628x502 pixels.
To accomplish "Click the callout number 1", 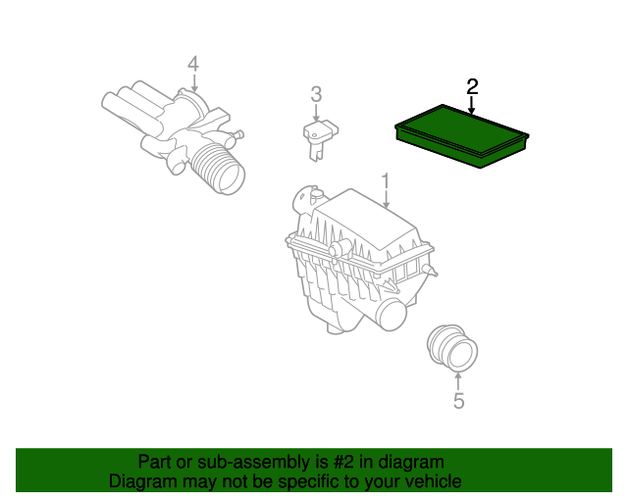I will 386,180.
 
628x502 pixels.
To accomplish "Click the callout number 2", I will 472,86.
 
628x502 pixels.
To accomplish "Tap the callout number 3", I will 316,94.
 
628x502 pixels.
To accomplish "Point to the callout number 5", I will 457,400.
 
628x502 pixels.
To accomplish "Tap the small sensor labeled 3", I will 319,135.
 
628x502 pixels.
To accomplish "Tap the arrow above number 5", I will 457,378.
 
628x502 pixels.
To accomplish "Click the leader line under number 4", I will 193,84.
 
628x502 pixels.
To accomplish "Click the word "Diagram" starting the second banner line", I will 140,481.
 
